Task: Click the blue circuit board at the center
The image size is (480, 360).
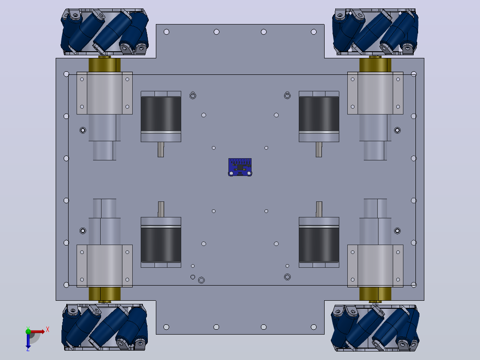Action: [x=240, y=167]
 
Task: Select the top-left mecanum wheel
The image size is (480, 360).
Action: [x=105, y=32]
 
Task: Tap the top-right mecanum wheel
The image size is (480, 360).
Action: [x=375, y=32]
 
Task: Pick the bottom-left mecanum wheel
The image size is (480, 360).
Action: [x=105, y=327]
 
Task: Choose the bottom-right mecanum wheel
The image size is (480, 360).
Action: [x=375, y=327]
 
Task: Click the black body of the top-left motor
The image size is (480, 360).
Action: [x=161, y=114]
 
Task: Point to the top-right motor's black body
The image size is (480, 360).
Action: [x=319, y=114]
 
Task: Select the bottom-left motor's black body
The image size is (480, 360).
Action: [x=161, y=245]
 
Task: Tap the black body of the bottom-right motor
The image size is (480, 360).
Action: [x=319, y=245]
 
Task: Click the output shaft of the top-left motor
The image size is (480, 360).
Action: [x=161, y=150]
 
